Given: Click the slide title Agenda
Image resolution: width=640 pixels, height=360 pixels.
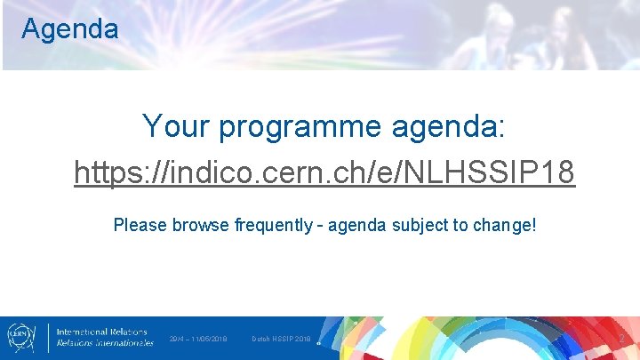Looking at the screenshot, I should [x=69, y=28].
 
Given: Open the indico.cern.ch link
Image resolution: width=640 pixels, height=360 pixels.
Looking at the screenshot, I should [x=324, y=172].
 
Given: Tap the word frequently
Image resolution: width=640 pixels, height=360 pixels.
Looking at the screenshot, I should [x=274, y=225].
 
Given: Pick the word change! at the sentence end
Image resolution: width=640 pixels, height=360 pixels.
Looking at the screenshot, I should [x=506, y=225].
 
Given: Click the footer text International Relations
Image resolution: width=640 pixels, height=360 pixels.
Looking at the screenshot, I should [x=102, y=332].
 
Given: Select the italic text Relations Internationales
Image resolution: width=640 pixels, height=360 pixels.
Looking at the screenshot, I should [x=104, y=343].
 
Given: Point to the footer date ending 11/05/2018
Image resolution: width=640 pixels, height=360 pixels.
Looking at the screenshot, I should [x=198, y=339].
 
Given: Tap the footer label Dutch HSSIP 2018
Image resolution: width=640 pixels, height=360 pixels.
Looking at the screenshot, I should [x=281, y=339].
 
